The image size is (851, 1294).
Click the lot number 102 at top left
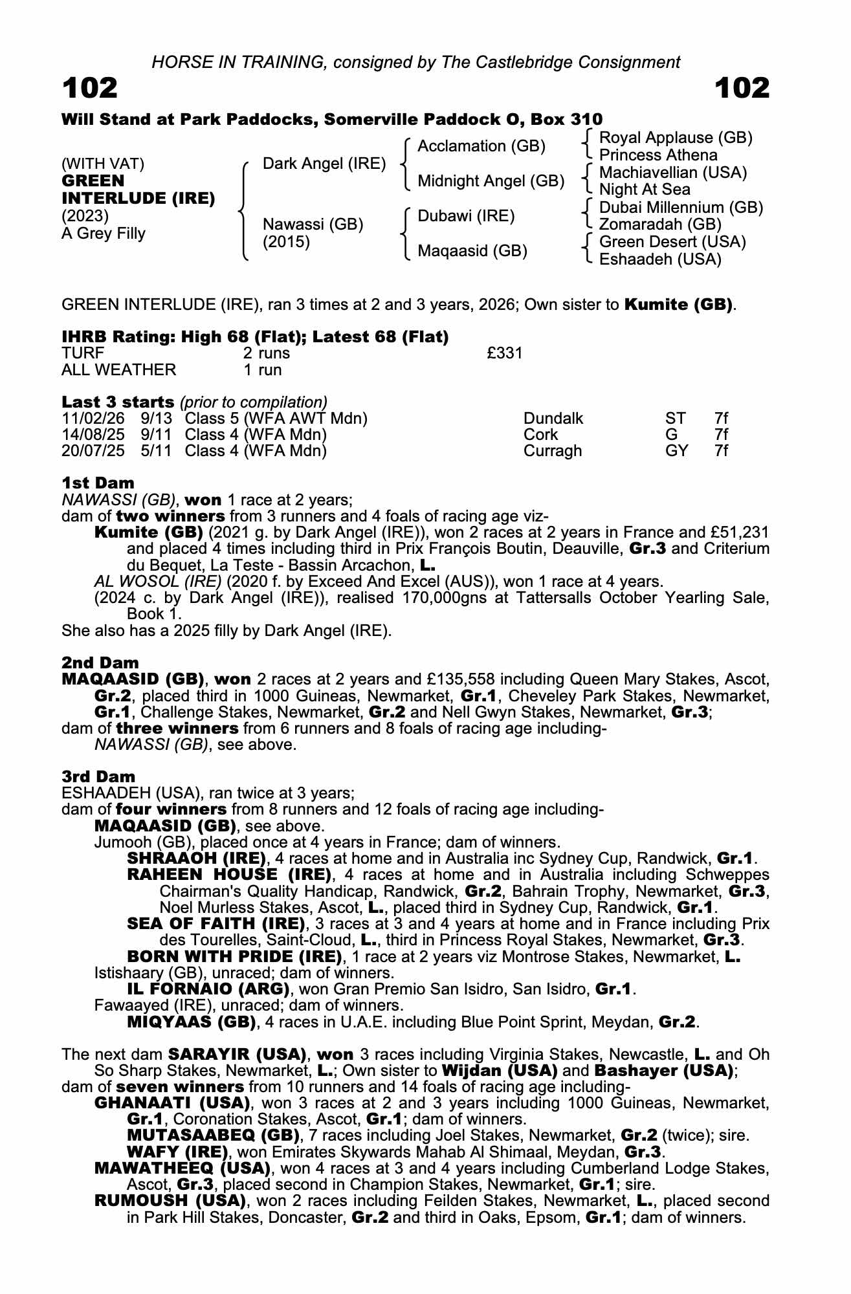[90, 88]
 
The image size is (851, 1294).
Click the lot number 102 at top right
[742, 88]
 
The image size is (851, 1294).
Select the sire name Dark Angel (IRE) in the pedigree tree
[324, 164]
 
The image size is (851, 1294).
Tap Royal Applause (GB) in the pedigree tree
[676, 138]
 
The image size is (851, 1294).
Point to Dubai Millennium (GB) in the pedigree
[681, 208]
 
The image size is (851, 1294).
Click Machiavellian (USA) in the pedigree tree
[672, 173]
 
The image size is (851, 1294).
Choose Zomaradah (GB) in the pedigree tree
[660, 225]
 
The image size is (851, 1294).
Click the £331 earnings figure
[504, 353]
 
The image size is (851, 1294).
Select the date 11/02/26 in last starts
[93, 419]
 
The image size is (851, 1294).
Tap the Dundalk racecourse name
[553, 419]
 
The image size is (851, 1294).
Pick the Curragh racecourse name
[552, 451]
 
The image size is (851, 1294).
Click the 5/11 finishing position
[156, 451]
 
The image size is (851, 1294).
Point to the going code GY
[676, 451]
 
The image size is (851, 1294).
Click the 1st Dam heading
[98, 483]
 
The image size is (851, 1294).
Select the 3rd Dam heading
[98, 776]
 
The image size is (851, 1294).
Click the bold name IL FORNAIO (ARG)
[208, 989]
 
